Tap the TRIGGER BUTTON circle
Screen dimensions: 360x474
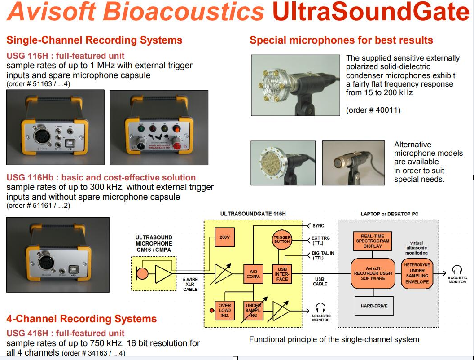click(x=282, y=239)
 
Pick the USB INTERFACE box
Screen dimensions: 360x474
click(x=282, y=273)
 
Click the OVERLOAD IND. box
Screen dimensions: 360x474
click(x=224, y=310)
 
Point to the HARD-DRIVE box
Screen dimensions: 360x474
click(x=374, y=306)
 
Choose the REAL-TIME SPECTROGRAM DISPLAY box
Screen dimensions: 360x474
click(x=369, y=241)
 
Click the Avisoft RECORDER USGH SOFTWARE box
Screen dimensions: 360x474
click(x=373, y=272)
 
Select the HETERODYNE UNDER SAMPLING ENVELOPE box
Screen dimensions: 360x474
click(x=417, y=273)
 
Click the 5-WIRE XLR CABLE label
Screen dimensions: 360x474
click(x=190, y=284)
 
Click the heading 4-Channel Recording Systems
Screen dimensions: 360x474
click(x=81, y=319)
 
